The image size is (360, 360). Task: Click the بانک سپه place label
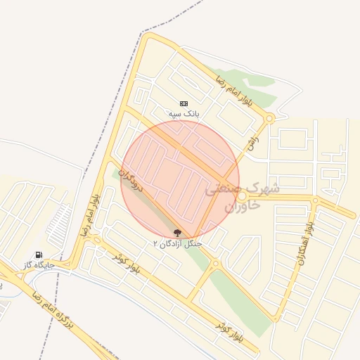click(x=184, y=113)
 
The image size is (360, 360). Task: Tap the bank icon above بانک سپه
click(x=184, y=103)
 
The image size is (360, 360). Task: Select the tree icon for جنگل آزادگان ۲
click(x=176, y=233)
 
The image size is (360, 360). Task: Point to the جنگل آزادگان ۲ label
click(x=177, y=243)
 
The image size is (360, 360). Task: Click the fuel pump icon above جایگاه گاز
click(x=38, y=255)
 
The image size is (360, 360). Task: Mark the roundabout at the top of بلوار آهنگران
click(x=315, y=200)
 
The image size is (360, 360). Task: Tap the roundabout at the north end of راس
click(x=269, y=118)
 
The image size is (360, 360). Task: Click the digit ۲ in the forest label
click(x=155, y=243)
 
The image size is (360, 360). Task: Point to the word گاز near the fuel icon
click(x=29, y=264)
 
